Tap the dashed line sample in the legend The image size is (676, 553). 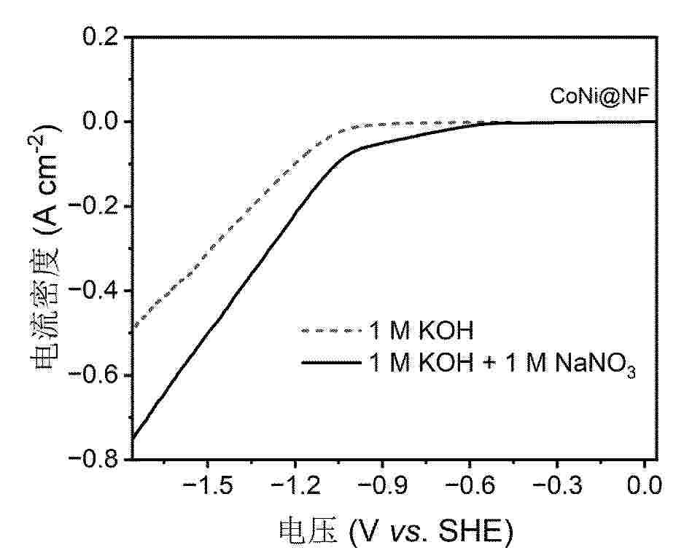331,332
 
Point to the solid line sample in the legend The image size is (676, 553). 331,363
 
